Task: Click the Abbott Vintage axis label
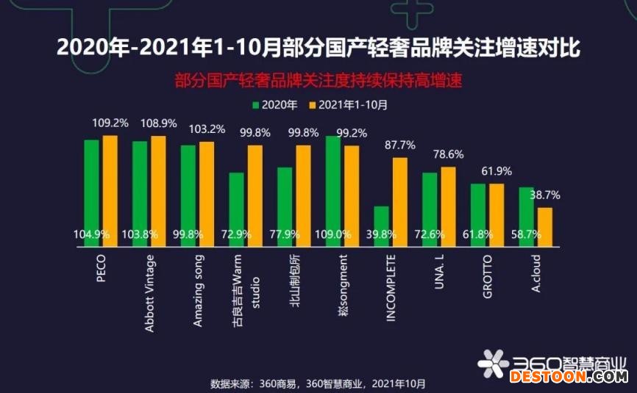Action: click(149, 293)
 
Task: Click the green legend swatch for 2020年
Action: click(257, 104)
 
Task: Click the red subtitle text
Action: click(318, 80)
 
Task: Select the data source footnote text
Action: click(318, 383)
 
